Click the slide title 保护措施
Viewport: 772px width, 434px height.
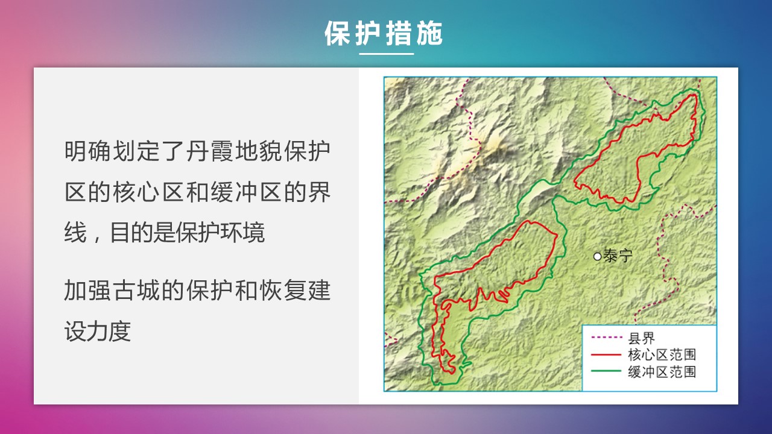coord(383,33)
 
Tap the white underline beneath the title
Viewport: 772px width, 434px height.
coord(387,54)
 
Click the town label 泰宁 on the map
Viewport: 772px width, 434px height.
coord(618,256)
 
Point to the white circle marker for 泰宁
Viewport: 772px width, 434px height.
coord(597,257)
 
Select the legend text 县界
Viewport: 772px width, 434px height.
coord(641,338)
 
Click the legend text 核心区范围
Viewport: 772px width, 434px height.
coord(662,355)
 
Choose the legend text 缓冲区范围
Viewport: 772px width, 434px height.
coord(662,372)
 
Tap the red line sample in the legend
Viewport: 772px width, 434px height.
coord(606,354)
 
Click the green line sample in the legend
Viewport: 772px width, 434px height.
coord(606,371)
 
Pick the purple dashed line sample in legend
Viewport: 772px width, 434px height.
coord(606,337)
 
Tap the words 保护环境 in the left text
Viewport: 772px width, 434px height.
coord(220,233)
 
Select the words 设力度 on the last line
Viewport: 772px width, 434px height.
coord(98,331)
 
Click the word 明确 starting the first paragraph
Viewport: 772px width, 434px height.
coord(87,151)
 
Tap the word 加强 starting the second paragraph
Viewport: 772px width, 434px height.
coord(87,291)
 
